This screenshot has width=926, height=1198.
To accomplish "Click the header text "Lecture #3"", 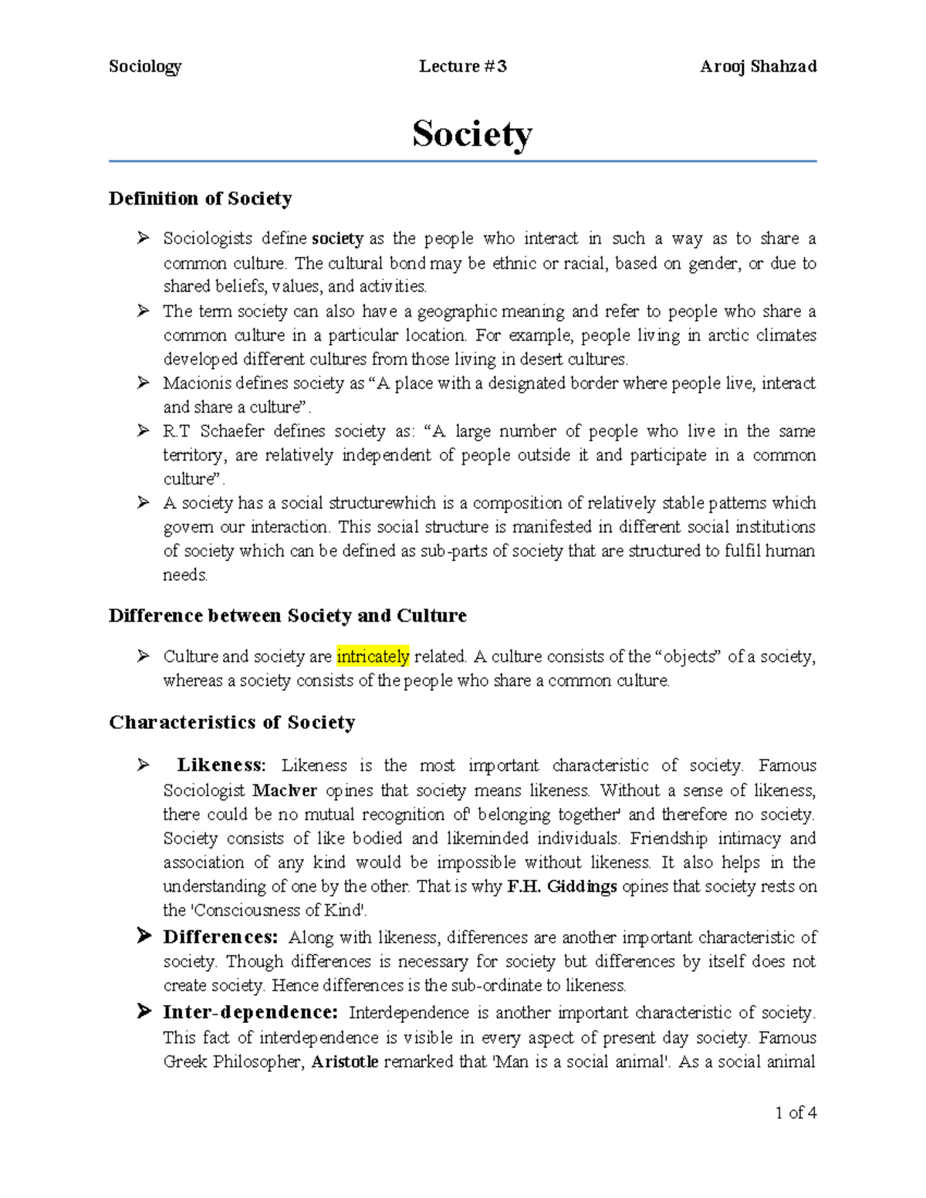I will (462, 66).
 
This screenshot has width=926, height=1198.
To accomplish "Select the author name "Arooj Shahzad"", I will (758, 66).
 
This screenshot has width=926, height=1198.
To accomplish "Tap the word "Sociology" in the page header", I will (145, 66).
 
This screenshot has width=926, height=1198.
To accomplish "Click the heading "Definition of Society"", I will (200, 198).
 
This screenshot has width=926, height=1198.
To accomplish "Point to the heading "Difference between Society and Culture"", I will (287, 616).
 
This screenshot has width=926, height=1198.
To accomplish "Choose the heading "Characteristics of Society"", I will (231, 722).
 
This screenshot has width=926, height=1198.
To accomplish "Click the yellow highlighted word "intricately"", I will (373, 656).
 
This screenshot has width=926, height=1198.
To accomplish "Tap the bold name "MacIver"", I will (285, 790).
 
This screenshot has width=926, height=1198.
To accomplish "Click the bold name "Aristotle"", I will (344, 1061).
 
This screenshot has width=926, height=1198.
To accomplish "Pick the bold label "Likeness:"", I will (221, 765).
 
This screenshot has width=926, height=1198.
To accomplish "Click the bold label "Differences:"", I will (220, 937).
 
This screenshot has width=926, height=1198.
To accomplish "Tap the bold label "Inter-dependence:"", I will (250, 1012).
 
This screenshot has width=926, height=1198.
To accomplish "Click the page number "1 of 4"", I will (796, 1112).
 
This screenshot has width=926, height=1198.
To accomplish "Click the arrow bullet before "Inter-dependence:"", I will (143, 1011).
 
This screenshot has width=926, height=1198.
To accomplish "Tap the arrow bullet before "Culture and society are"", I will (143, 656).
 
